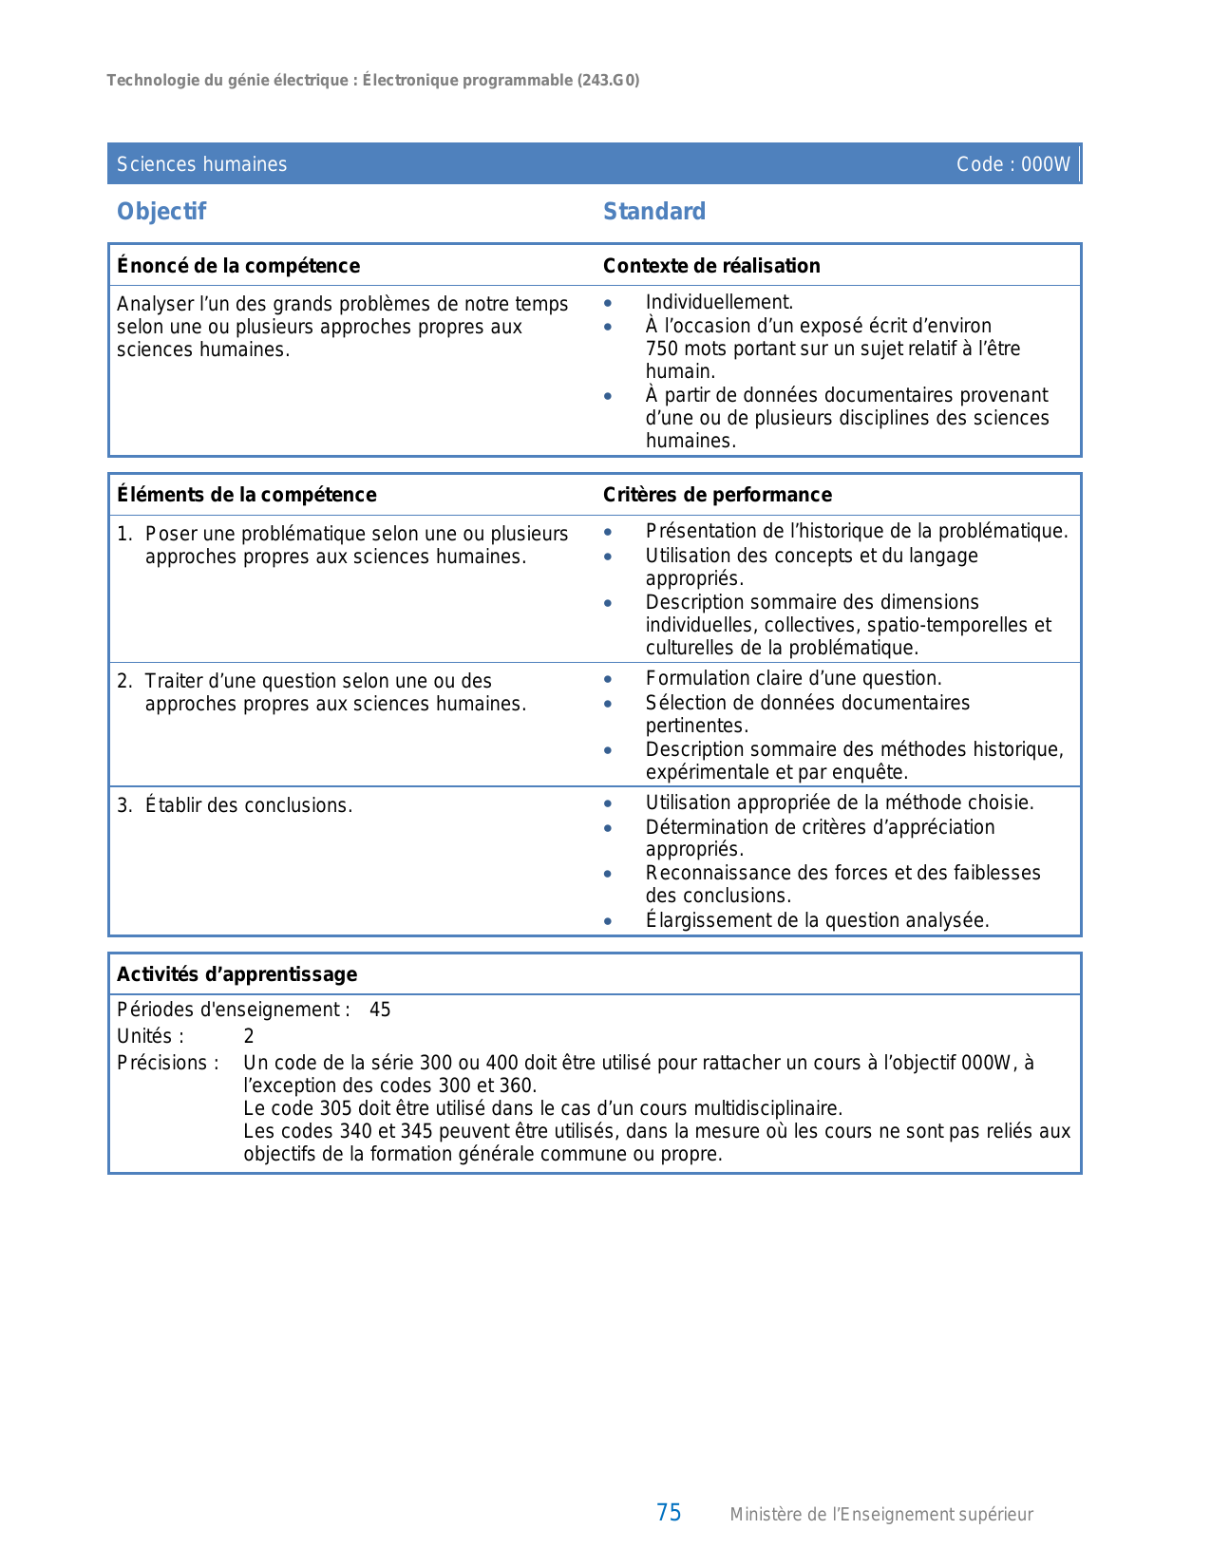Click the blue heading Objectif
pyautogui.click(x=161, y=212)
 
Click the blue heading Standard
pyautogui.click(x=654, y=212)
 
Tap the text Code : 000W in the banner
pyautogui.click(x=1012, y=164)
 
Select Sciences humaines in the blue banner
pyautogui.click(x=201, y=164)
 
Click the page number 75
pyautogui.click(x=669, y=1513)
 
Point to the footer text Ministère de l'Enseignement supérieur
pyautogui.click(x=880, y=1515)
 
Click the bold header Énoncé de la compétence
pyautogui.click(x=238, y=266)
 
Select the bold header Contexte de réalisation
pyautogui.click(x=711, y=266)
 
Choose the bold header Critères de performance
pyautogui.click(x=717, y=495)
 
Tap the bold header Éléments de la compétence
pyautogui.click(x=246, y=495)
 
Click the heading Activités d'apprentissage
pyautogui.click(x=237, y=974)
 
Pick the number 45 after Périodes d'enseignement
pyautogui.click(x=380, y=1010)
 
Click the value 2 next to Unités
pyautogui.click(x=249, y=1036)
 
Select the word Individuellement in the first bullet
pyautogui.click(x=718, y=302)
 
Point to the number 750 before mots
pyautogui.click(x=662, y=349)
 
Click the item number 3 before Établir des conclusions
pyautogui.click(x=123, y=805)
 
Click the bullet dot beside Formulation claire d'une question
pyautogui.click(x=608, y=679)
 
